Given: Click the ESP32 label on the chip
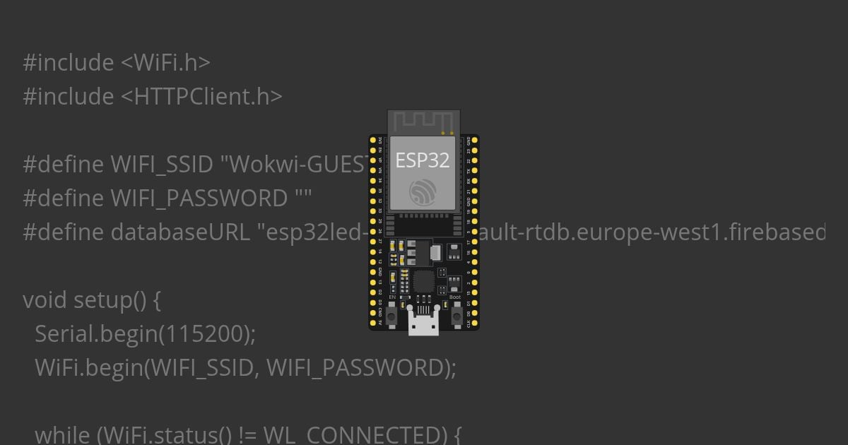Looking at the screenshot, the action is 423,160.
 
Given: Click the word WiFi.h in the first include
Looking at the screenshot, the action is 166,63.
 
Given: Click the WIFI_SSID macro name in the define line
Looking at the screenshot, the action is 162,165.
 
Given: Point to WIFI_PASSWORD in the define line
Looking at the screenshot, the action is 199,198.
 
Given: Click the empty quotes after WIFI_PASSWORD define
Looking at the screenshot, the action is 302,198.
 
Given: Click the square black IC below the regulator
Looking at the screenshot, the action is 423,281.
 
